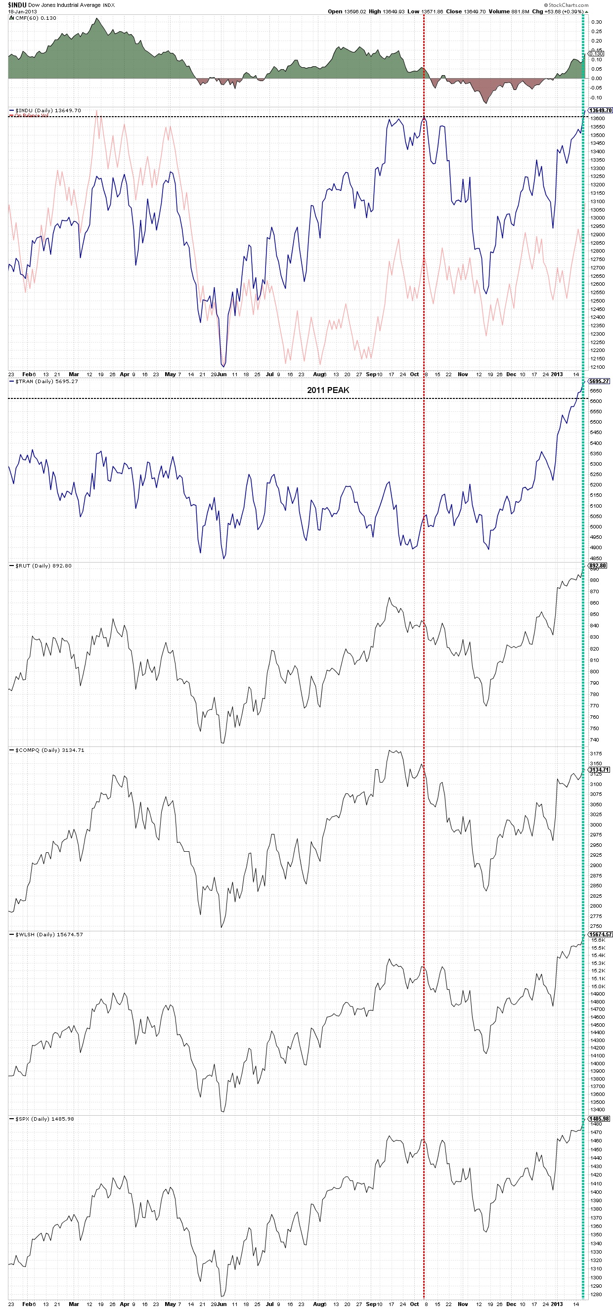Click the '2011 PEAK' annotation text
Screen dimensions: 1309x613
tap(328, 390)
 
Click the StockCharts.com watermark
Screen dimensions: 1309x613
tap(569, 5)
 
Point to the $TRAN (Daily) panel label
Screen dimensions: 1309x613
tap(46, 381)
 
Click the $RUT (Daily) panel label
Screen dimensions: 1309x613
tap(43, 566)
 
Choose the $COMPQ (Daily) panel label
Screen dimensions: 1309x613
tap(49, 750)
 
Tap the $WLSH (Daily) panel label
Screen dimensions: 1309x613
tap(49, 934)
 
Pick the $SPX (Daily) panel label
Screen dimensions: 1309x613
tap(44, 1119)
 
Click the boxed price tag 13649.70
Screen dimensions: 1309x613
tap(600, 110)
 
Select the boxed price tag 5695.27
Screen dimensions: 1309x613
tap(598, 381)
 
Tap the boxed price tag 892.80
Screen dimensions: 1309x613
tap(597, 566)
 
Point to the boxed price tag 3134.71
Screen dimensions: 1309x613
tap(598, 770)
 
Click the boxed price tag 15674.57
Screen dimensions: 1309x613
tap(600, 934)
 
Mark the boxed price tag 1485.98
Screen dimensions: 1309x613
tap(598, 1119)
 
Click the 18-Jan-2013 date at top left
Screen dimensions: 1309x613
tap(22, 12)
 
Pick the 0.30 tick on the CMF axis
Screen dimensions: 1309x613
tap(596, 22)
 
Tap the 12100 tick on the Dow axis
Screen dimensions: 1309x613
tap(598, 367)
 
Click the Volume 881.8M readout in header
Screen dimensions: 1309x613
tap(509, 12)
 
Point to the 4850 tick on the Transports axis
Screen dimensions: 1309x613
tap(596, 558)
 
